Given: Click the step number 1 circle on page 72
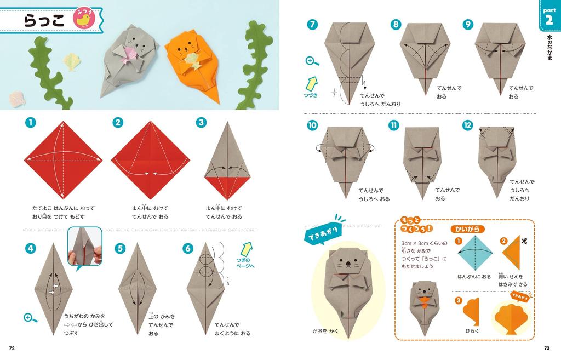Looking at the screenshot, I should tap(30, 122).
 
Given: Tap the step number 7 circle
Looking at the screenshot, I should tap(312, 25).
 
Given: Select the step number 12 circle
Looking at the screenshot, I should tap(467, 125).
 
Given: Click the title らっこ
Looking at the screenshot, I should tap(44, 20).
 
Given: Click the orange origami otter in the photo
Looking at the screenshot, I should tap(192, 63).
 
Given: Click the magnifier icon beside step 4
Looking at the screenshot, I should tap(28, 317).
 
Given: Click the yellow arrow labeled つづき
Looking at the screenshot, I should tap(312, 83).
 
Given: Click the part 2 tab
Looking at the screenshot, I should tap(548, 17).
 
